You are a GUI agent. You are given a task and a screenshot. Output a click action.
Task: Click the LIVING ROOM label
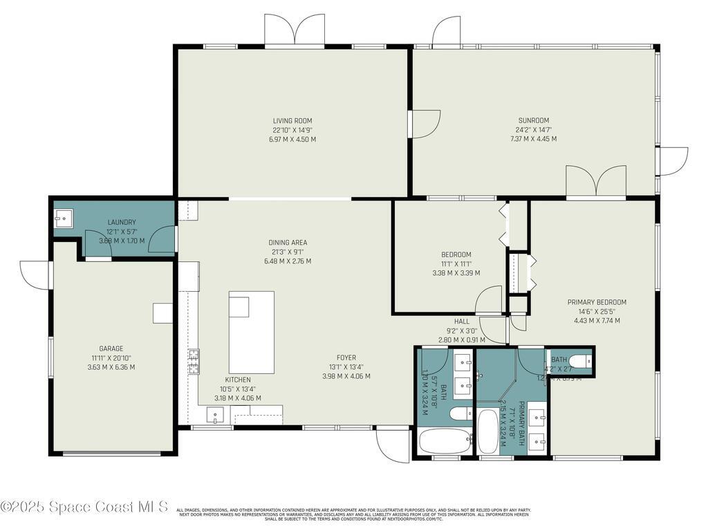click(292, 120)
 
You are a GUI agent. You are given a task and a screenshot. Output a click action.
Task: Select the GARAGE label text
click(111, 348)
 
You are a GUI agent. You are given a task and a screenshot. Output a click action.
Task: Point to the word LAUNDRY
click(121, 222)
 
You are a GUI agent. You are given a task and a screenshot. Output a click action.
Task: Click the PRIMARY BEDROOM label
click(597, 302)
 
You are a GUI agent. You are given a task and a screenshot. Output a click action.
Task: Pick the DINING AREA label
click(288, 243)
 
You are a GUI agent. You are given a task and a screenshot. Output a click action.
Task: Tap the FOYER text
click(346, 357)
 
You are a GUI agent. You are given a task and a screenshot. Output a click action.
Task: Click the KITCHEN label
click(238, 380)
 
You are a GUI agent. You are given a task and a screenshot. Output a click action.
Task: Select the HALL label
click(461, 322)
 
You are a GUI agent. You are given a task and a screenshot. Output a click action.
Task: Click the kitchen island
click(252, 332)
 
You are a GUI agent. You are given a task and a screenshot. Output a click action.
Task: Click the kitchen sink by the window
click(215, 417)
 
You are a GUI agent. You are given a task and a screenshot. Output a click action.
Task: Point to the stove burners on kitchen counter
click(194, 361)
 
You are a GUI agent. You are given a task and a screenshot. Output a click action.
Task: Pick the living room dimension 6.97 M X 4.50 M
click(292, 140)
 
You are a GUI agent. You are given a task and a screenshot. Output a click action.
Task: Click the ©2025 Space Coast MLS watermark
click(84, 507)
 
